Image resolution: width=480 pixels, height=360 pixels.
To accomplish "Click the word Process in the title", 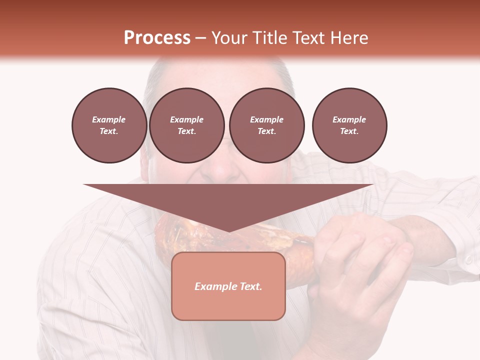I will coord(157,37).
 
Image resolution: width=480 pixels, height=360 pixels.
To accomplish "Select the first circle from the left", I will coord(109,125).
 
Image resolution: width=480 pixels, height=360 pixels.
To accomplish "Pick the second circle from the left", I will coord(186,125).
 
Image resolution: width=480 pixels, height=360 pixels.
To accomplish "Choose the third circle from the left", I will coord(266,125).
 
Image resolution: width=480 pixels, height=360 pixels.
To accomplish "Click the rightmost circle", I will coord(349,125).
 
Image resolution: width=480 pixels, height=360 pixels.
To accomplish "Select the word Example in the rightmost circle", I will coord(349,119).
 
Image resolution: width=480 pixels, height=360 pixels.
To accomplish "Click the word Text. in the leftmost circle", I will coord(109,131).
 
